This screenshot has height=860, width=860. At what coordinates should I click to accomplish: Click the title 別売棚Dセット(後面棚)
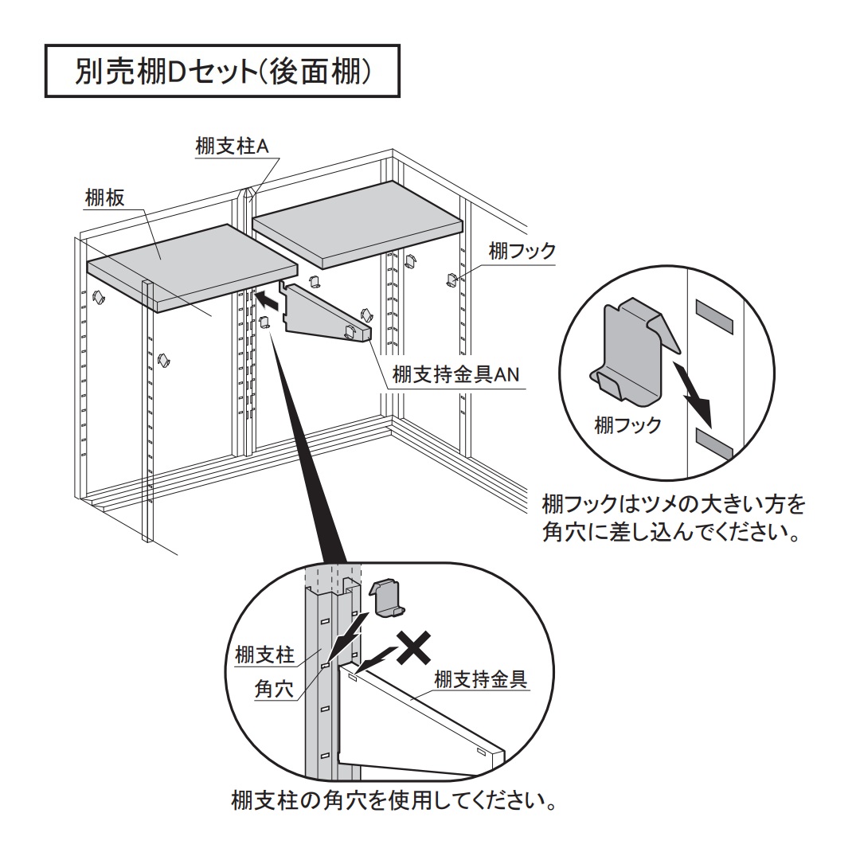click(222, 73)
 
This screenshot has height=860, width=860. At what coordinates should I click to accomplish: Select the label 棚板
click(104, 198)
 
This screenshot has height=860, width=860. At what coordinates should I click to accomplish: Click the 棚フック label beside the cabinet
click(522, 252)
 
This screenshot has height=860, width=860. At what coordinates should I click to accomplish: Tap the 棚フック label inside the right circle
click(627, 424)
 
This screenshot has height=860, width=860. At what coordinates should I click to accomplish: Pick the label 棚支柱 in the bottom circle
click(265, 655)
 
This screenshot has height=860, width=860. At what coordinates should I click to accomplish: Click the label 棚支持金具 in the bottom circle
click(480, 679)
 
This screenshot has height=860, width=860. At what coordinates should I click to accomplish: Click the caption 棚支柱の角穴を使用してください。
click(393, 799)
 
